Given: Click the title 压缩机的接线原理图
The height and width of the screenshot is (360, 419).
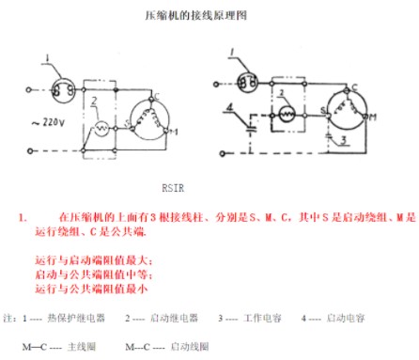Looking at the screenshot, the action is (208, 16).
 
